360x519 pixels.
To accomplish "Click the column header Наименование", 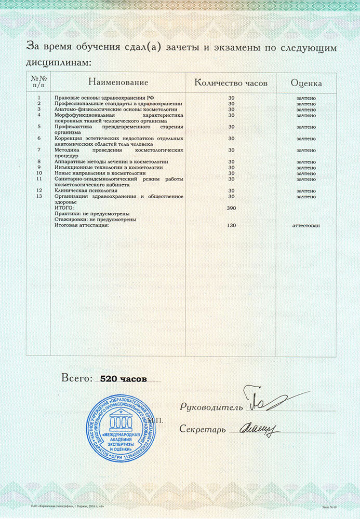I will tap(118, 83).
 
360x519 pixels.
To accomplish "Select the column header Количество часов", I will tap(231, 83).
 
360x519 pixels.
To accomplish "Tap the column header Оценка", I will tap(306, 83).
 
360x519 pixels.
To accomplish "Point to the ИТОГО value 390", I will tap(232, 208).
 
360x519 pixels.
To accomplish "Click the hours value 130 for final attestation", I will tap(232, 225).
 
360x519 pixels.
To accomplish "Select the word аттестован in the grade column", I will tap(306, 225).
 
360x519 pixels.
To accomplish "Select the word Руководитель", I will tap(211, 407).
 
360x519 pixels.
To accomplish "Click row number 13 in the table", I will tap(39, 196).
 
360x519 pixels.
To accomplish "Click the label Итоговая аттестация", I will tap(82, 225).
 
